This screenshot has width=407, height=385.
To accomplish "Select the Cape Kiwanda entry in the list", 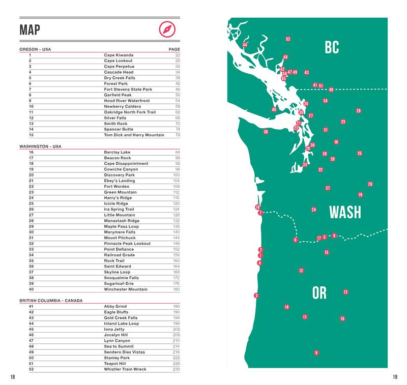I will [x=119, y=55].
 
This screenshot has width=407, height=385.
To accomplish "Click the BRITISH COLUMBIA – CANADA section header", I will [x=48, y=301].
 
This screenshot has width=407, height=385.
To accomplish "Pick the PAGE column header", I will [x=175, y=49].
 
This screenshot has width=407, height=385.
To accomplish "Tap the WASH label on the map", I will [x=345, y=212].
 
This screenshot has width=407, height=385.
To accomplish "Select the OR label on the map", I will [x=319, y=293].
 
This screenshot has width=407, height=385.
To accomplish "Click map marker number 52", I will [x=288, y=39].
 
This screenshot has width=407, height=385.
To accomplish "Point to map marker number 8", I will [x=316, y=352].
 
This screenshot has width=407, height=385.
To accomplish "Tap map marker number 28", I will [x=370, y=184].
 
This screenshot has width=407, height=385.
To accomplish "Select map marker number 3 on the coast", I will [x=256, y=295].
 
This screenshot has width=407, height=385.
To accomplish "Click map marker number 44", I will [x=245, y=45].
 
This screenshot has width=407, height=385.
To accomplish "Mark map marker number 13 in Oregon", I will [x=345, y=292].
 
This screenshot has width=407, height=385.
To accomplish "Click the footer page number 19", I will [x=395, y=376].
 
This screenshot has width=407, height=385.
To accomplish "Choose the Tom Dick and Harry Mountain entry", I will [x=134, y=135].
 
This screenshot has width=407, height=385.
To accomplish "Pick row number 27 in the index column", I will [x=31, y=215].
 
